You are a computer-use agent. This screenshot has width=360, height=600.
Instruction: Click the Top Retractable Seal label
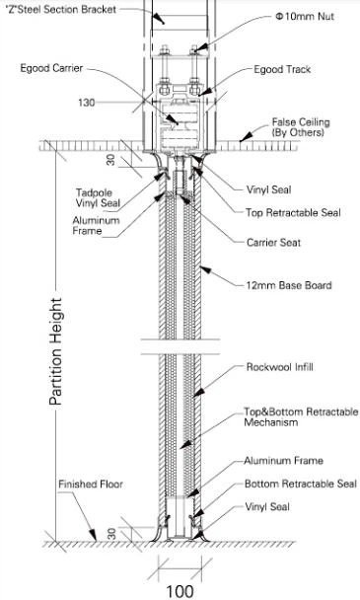293,211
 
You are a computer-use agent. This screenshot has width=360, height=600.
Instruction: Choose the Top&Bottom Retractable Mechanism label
300,415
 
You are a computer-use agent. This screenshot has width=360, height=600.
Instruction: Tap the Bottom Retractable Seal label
300,484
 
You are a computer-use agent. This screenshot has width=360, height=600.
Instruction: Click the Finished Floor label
90,484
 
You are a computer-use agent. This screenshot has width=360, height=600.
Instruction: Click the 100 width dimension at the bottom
179,590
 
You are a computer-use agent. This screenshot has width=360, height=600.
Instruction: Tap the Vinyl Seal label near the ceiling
271,187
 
